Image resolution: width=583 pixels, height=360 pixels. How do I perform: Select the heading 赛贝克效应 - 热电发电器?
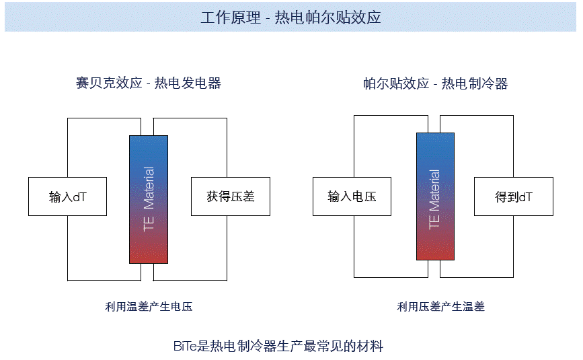click(x=149, y=83)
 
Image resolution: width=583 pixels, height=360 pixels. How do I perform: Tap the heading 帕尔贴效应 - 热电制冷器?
click(x=435, y=83)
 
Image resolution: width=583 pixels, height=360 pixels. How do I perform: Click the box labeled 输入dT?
click(x=67, y=196)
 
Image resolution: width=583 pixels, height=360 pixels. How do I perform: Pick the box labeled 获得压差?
click(x=231, y=196)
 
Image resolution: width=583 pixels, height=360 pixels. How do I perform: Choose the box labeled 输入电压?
click(x=352, y=196)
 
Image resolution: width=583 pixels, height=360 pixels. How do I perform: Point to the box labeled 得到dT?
click(x=514, y=196)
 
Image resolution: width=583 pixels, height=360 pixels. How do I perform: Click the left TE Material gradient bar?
click(x=149, y=199)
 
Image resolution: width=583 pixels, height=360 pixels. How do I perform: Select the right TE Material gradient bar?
click(x=435, y=196)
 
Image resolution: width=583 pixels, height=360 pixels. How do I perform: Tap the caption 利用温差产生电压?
click(x=149, y=307)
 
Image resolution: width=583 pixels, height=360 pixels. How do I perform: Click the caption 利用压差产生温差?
click(x=440, y=307)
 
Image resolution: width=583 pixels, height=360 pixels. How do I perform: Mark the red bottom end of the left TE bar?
click(x=149, y=254)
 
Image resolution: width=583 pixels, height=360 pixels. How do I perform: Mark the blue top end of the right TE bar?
click(x=435, y=141)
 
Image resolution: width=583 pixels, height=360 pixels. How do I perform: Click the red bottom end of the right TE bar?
click(x=435, y=252)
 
